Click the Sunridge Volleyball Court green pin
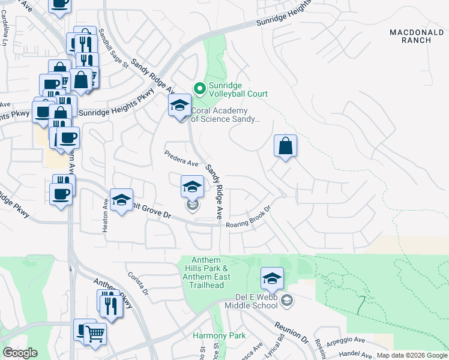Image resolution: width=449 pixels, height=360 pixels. click(200, 89)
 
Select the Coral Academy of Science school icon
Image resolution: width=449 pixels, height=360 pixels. click(179, 106)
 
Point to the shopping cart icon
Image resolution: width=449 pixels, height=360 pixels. click(95, 334)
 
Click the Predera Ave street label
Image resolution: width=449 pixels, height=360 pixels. click(181, 159)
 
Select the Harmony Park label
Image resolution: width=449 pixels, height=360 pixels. click(211, 335)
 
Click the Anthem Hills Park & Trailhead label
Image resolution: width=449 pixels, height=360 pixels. click(204, 272)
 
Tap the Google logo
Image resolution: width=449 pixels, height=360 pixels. click(20, 353)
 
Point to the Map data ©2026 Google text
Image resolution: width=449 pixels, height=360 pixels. click(412, 355)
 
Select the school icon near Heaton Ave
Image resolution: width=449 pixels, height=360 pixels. click(121, 201)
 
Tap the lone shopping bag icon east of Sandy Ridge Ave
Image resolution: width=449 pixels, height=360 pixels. click(286, 146)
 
